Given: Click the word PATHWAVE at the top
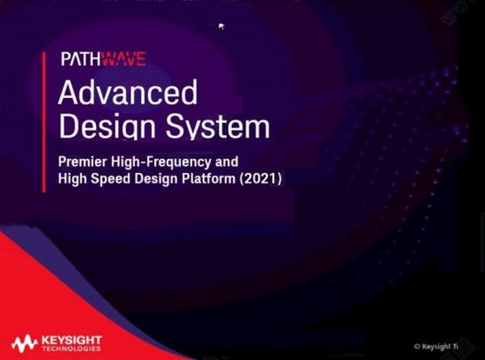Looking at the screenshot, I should [103, 59].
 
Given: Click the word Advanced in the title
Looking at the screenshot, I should [127, 94].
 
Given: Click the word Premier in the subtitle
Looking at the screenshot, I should [84, 161].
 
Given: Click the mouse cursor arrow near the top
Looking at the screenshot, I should [221, 27].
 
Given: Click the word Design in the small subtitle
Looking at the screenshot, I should [156, 180].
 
